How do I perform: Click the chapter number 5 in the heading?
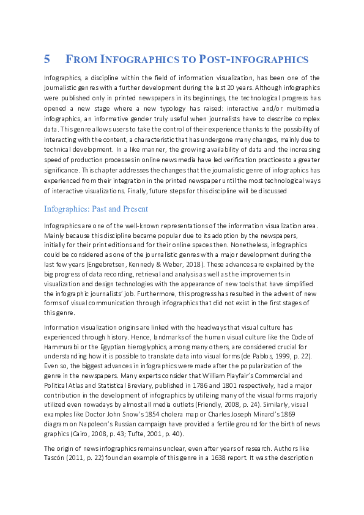tap(47, 59)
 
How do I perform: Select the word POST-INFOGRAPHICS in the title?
tap(253, 59)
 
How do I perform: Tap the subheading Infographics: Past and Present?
tap(96, 209)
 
